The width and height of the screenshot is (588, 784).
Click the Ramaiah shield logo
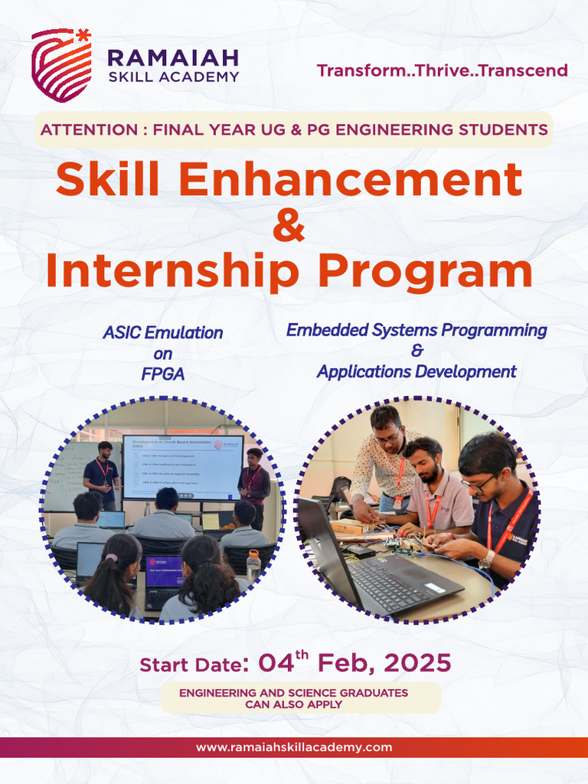coord(60,64)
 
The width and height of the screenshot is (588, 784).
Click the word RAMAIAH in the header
coord(173,57)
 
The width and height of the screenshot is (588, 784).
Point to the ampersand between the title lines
coord(289,227)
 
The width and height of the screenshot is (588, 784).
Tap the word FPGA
coord(162,374)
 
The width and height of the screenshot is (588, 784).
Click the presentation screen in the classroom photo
coord(182,466)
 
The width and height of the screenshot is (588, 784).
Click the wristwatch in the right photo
coord(487,559)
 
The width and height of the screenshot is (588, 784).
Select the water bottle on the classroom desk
coord(253,565)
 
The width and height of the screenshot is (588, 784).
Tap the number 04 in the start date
coord(276,663)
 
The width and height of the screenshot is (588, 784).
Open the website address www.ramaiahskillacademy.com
coord(294,747)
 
